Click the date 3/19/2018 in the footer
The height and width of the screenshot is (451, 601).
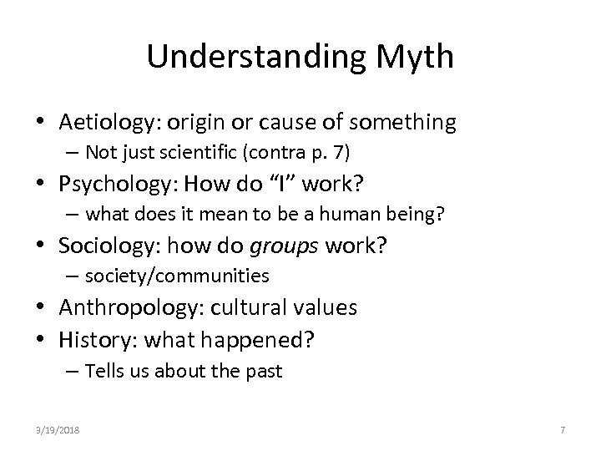(x=59, y=429)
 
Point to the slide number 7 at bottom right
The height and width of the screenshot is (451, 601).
(x=563, y=429)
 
